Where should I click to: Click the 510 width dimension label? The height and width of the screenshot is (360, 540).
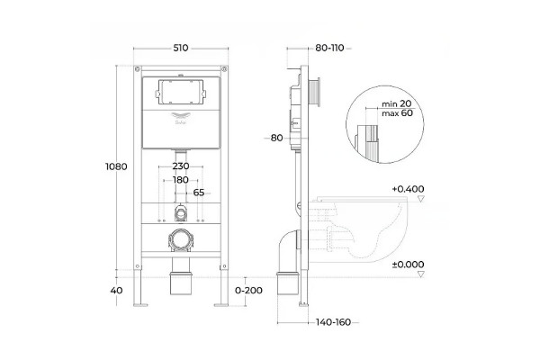181,48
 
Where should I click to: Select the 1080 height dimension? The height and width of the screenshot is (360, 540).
116,166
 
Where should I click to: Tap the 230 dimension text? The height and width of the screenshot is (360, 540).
181,166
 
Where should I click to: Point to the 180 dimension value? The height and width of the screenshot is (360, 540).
181,180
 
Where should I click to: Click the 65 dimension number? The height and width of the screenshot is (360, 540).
199,193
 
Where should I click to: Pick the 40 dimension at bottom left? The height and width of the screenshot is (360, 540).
116,291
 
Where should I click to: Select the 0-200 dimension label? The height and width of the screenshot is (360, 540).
248,291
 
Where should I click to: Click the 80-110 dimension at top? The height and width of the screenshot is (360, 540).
330,48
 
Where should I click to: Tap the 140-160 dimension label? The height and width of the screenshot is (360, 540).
333,322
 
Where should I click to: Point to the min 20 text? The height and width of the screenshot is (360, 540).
396,103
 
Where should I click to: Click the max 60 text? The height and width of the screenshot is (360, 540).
397,113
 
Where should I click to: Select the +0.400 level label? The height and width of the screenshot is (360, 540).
408,189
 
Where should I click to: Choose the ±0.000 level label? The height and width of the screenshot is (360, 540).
408,265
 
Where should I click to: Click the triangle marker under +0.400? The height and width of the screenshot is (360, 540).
421,198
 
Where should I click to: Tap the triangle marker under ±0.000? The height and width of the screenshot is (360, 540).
421,274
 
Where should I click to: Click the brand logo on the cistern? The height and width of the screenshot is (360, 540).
181,118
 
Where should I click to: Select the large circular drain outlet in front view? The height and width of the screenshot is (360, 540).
181,239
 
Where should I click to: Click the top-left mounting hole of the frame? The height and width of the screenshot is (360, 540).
138,69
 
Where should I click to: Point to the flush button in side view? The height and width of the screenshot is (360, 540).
315,92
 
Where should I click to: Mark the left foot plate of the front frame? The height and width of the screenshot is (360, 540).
140,304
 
